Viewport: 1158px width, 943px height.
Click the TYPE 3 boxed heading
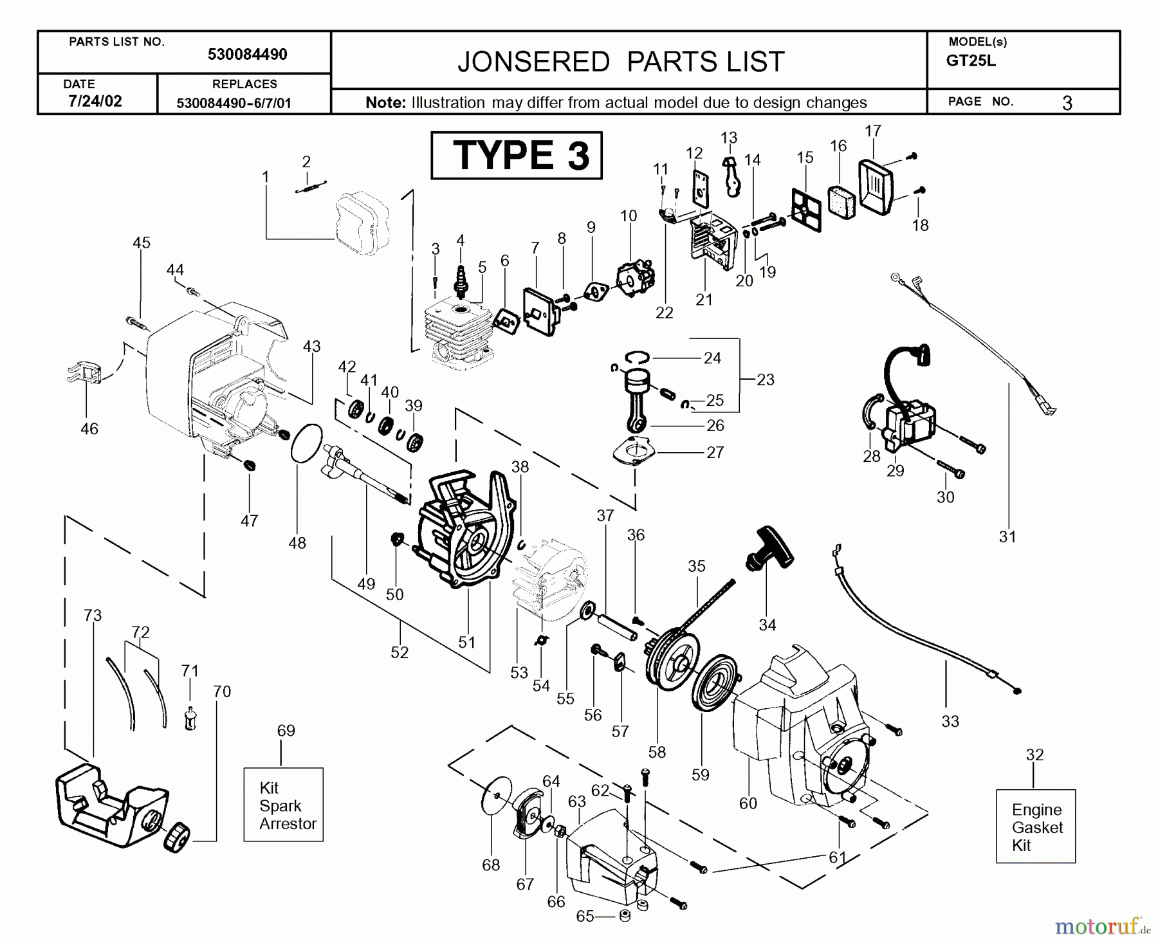517,156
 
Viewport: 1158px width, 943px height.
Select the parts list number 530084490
247,55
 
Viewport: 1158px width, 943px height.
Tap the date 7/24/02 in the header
95,101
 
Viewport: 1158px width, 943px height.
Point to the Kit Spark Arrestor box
284,805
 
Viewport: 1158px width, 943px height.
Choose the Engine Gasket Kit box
1035,827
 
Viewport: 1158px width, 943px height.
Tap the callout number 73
93,616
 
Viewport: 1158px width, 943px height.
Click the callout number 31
1007,536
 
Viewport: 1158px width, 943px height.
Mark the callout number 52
400,652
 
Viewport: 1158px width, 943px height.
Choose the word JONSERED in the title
533,62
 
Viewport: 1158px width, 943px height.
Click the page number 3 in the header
1067,102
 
